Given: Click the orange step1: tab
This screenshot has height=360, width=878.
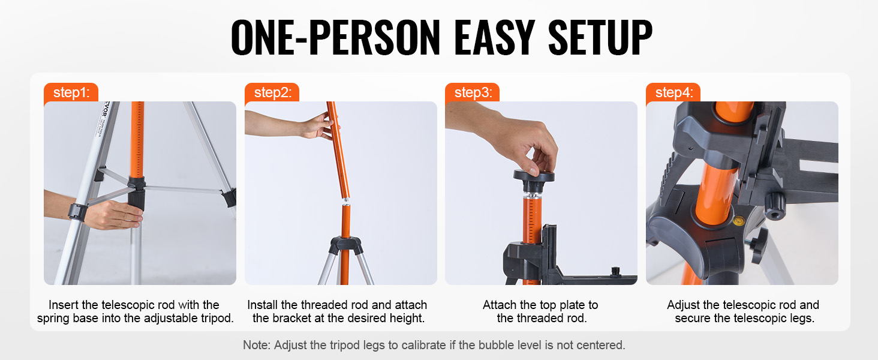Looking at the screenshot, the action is pos(71,92).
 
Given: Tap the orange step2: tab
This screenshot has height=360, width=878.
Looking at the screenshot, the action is pos(272,92).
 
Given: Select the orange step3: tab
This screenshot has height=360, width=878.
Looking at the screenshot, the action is pos(473,92).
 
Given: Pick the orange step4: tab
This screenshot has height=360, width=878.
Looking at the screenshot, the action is pos(673,92).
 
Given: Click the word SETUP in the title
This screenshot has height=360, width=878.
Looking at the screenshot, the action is pos(600,38).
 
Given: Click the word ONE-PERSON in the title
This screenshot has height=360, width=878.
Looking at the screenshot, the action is pos(336,38).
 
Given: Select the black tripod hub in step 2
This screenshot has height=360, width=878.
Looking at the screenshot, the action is pos(345,245).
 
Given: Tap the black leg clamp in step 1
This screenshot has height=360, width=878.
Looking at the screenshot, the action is pos(77,212).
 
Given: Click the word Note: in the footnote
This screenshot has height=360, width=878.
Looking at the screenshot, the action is pos(257,345).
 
